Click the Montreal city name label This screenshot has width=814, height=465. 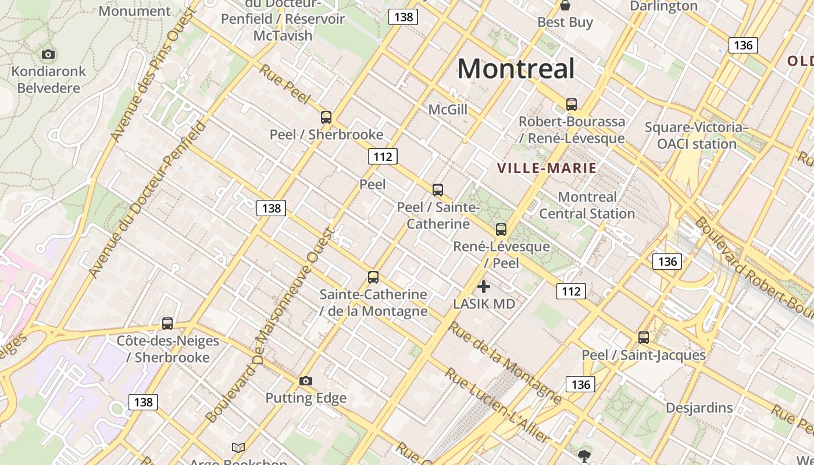click(516, 69)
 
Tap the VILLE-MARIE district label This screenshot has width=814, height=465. click(547, 169)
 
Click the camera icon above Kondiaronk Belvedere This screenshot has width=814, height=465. click(48, 54)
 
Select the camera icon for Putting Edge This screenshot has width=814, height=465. click(306, 381)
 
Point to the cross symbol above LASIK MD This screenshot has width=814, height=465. click(483, 286)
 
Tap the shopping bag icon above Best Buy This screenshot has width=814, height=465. click(565, 5)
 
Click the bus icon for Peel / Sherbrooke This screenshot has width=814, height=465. click(326, 117)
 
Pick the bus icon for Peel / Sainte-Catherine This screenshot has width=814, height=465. click(438, 189)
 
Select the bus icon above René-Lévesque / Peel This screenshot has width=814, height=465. click(501, 229)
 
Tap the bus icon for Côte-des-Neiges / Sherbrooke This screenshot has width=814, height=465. click(167, 323)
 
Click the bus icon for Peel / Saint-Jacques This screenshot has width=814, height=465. click(644, 337)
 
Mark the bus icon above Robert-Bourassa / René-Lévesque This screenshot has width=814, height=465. click(572, 105)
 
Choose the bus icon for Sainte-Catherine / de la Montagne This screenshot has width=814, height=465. click(373, 277)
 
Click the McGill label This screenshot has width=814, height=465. click(448, 109)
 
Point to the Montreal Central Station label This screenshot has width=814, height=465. click(587, 205)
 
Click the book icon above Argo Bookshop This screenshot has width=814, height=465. click(238, 448)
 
